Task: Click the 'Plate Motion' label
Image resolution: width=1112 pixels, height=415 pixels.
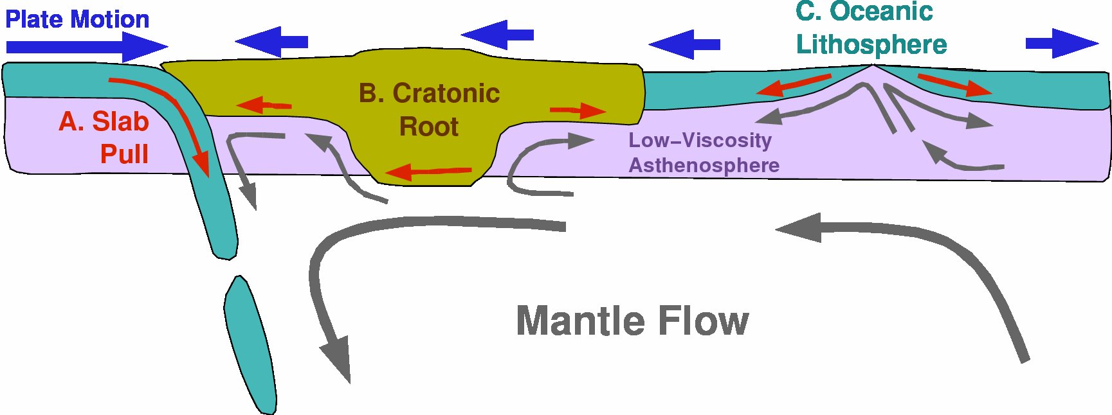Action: (x=77, y=19)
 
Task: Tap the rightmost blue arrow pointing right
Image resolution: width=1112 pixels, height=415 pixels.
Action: (x=1061, y=43)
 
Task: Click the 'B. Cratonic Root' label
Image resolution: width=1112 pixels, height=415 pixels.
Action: (x=429, y=110)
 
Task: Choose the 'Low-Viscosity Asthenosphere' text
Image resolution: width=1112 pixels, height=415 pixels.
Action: (x=704, y=153)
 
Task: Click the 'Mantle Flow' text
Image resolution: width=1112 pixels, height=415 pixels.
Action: (x=632, y=321)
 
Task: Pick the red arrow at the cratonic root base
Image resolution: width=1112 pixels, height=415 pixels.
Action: (x=428, y=172)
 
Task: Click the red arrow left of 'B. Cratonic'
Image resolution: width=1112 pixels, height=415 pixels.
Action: (x=264, y=105)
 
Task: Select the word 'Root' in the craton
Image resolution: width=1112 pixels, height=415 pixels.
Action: (x=429, y=127)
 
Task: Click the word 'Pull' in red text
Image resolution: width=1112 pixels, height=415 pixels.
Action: (x=125, y=154)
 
